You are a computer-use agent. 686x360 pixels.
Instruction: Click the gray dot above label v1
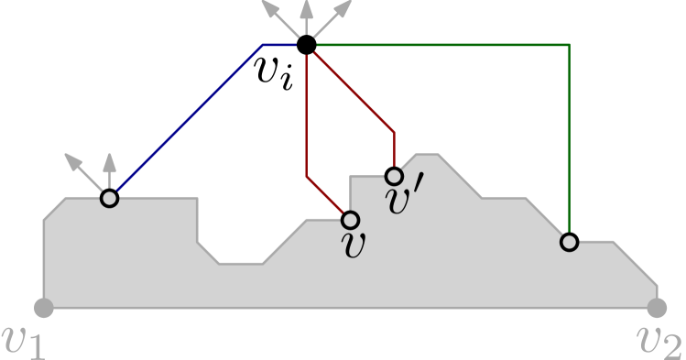(x=43, y=308)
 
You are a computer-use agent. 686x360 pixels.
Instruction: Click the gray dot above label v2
(x=657, y=308)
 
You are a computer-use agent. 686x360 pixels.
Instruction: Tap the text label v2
(x=659, y=340)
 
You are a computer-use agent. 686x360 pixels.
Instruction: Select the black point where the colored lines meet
(x=307, y=44)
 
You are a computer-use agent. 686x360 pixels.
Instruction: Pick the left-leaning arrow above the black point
(x=278, y=16)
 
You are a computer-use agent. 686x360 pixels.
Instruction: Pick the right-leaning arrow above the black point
(x=335, y=16)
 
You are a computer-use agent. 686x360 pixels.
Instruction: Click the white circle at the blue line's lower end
(x=110, y=198)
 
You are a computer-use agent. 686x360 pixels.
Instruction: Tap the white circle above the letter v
(x=350, y=220)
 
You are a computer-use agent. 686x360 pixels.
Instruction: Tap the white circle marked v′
(x=394, y=176)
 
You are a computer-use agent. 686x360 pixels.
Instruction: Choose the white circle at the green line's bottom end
(x=569, y=242)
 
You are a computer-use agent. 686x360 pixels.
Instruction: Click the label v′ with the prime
(x=404, y=201)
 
